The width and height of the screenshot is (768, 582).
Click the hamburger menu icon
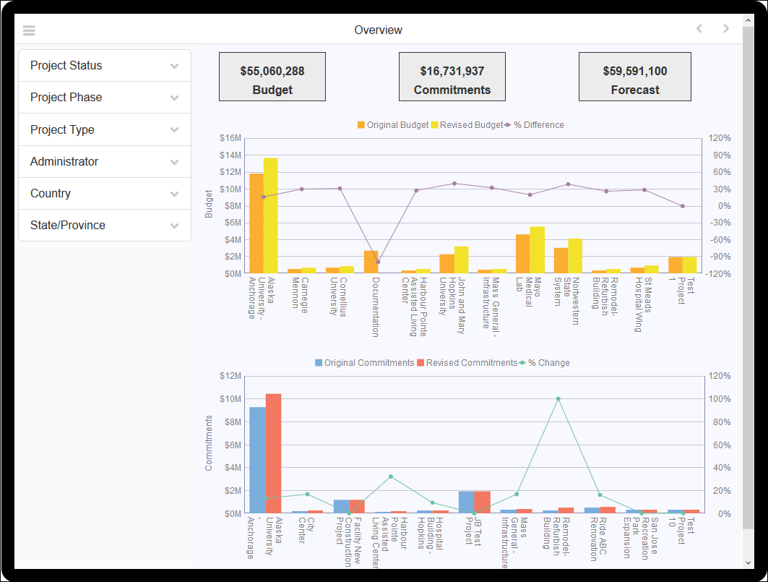tap(29, 30)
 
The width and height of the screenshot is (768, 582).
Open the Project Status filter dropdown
tap(104, 66)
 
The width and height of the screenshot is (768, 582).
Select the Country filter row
tap(104, 194)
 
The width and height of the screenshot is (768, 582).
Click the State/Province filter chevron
tap(174, 226)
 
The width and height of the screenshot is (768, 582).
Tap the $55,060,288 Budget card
tap(272, 77)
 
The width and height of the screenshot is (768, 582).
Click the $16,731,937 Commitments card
tap(452, 77)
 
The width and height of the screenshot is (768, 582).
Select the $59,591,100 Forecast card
tap(635, 77)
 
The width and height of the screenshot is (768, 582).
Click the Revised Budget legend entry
tap(467, 125)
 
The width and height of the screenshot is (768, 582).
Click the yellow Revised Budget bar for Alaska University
tap(271, 215)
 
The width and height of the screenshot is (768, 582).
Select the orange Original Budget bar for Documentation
tap(371, 262)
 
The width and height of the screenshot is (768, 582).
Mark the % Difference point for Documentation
tap(378, 262)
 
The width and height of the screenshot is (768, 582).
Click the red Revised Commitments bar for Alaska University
tap(273, 453)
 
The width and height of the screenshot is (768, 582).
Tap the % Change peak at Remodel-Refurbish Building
tap(558, 398)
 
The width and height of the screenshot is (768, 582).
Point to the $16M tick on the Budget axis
tap(230, 138)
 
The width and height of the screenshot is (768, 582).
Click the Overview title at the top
tap(378, 30)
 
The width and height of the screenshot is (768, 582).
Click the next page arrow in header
tap(726, 29)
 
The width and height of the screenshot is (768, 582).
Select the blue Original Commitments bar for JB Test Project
tap(466, 502)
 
